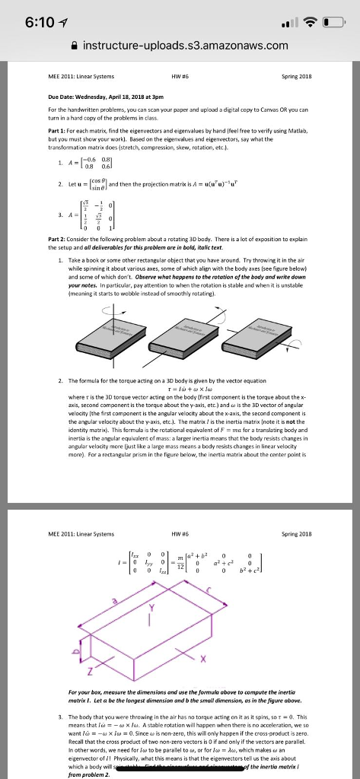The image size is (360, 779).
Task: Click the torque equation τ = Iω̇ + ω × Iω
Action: [x=180, y=386]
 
